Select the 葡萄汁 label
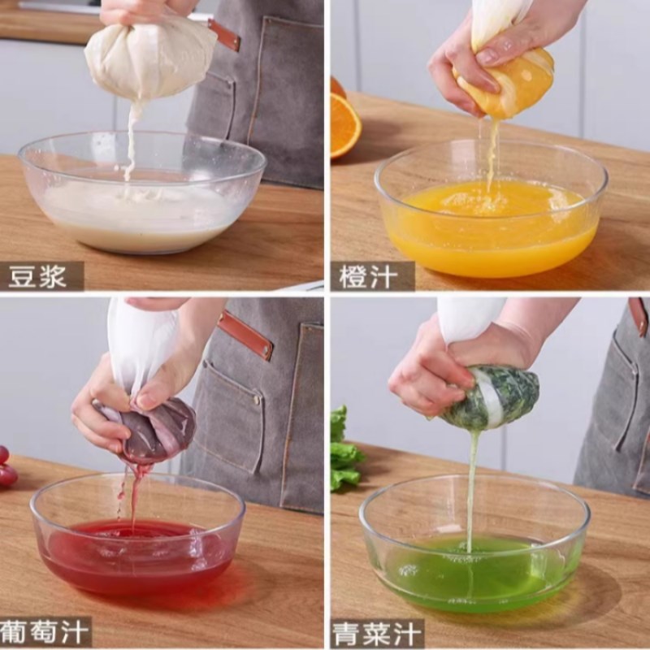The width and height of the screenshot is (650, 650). tap(45, 631)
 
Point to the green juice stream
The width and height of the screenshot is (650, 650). tap(471, 487)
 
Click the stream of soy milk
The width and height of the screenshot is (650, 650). tap(130, 138)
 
